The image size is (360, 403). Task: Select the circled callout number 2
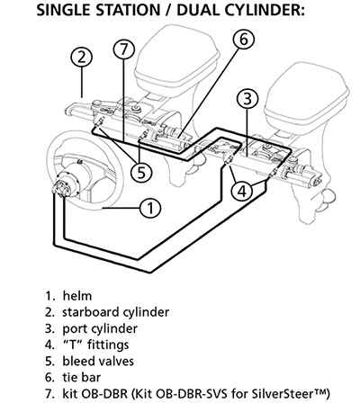(82, 58)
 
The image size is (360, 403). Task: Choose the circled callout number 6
(241, 39)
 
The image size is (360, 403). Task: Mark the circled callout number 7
(124, 51)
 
